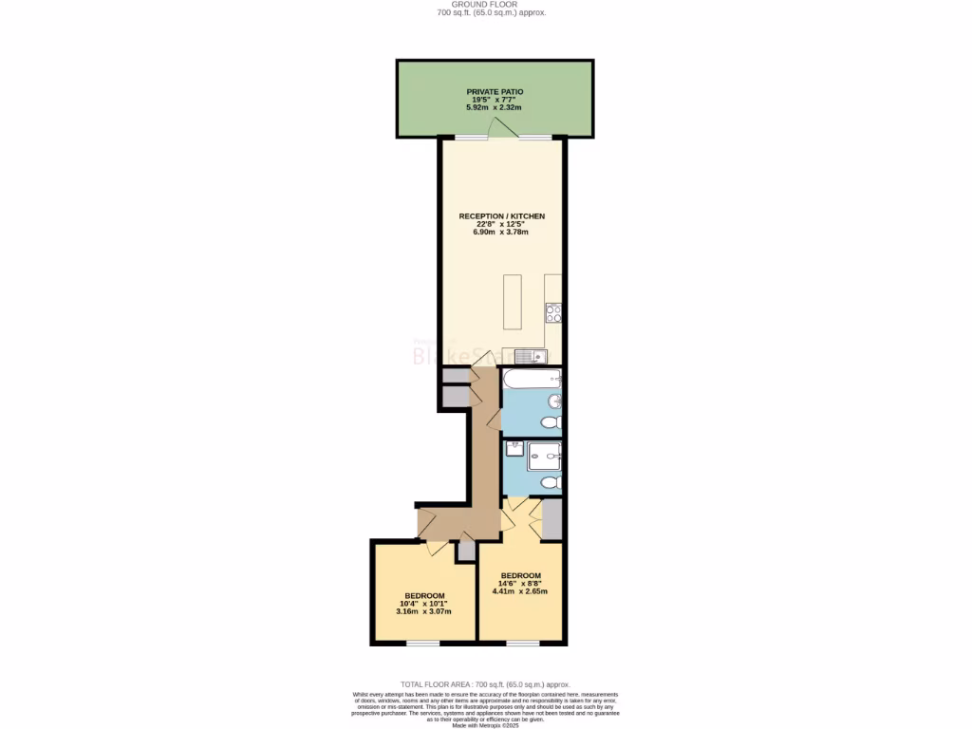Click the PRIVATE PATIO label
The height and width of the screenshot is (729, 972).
[495, 92]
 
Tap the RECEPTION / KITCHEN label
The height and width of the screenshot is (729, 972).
[501, 216]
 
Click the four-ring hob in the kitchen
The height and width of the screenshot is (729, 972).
[553, 311]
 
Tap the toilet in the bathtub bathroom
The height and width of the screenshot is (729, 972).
[551, 421]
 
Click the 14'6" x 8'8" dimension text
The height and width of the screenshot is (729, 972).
[520, 584]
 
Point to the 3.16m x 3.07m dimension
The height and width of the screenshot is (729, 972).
[423, 611]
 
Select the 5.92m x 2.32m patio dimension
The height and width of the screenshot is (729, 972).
[495, 107]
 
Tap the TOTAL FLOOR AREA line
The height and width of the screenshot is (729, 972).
[485, 683]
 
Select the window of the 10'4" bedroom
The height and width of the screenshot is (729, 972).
[423, 644]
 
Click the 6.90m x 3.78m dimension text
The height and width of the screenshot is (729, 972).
[501, 233]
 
